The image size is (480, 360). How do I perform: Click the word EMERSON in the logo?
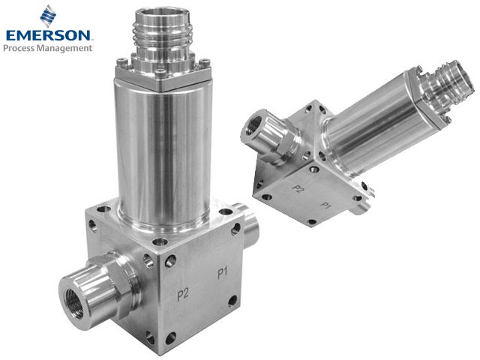point(49,35)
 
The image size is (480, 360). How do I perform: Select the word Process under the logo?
point(22,48)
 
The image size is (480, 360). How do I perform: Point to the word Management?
point(67,48)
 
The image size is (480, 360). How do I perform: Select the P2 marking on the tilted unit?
point(298,188)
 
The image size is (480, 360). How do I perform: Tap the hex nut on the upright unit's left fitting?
point(105,277)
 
